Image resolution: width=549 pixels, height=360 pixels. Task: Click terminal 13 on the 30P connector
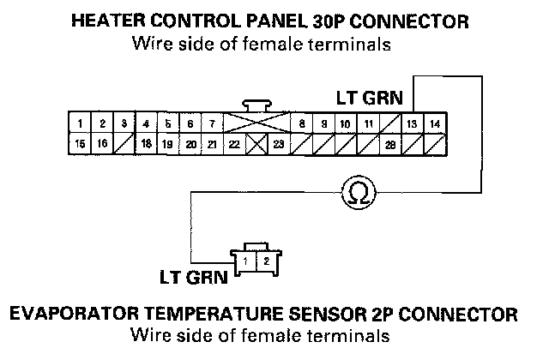(x=413, y=124)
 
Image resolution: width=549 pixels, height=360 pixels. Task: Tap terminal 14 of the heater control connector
(x=435, y=124)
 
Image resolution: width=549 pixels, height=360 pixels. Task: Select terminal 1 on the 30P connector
(x=79, y=124)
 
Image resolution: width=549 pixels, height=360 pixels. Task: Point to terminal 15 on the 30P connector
(x=79, y=144)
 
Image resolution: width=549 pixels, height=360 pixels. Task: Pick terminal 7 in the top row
(x=212, y=124)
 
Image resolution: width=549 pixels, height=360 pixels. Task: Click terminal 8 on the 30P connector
(x=303, y=124)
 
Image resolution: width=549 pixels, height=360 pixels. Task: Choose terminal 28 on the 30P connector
(x=390, y=144)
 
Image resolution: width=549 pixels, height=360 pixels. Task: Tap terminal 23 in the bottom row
(x=278, y=144)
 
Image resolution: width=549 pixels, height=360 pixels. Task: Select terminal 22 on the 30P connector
(x=234, y=144)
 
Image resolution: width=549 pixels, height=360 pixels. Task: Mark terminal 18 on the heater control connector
(x=146, y=144)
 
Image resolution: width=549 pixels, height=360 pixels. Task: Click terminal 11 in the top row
(x=368, y=124)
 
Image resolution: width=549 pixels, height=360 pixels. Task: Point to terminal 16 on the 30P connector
(x=101, y=144)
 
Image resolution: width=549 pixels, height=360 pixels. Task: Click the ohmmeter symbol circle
(x=354, y=194)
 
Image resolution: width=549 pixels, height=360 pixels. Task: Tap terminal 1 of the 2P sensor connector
(x=246, y=259)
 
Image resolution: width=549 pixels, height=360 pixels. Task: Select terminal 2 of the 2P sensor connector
(x=266, y=259)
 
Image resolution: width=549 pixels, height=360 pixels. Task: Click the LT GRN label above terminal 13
(x=370, y=98)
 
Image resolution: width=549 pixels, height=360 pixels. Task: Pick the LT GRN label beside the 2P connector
(x=193, y=277)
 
